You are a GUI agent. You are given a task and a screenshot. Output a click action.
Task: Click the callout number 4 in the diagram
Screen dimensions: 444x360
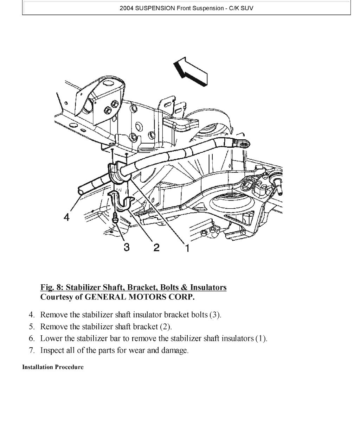(x=66, y=217)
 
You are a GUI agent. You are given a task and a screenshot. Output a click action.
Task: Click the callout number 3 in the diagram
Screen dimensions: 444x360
(x=126, y=247)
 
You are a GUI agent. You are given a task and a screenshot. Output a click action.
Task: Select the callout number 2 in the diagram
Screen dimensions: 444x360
(x=156, y=247)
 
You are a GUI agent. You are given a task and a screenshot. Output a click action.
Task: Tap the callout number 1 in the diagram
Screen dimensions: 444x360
(x=187, y=248)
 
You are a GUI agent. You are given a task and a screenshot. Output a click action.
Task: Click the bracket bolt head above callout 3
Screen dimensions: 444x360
(x=116, y=220)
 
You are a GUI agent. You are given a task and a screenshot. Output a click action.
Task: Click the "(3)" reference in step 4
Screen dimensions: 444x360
(x=215, y=315)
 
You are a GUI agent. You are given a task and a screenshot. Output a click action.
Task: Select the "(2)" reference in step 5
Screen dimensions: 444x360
(x=166, y=326)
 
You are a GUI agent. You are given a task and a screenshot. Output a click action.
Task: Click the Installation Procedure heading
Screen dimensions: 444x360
(x=53, y=367)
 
